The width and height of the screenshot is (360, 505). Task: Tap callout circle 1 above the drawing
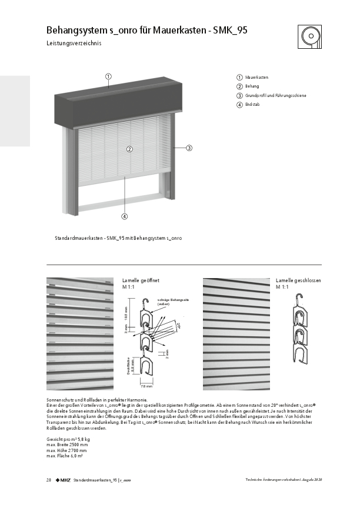pos(109,76)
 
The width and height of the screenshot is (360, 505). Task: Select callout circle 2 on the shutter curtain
pos(129,149)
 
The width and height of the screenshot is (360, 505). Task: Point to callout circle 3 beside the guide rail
pos(189,148)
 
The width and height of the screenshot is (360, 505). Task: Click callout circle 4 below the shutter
pos(125,216)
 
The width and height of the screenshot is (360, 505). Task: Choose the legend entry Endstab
pos(252,105)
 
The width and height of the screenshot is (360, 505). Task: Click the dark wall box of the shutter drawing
pos(118,106)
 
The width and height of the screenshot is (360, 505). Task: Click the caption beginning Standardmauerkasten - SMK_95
pos(118,238)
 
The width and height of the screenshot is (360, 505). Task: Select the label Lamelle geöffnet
pos(137,281)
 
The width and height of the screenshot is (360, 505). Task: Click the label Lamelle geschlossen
pos(299,281)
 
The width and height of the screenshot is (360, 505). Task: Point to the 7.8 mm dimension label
pos(146,387)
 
